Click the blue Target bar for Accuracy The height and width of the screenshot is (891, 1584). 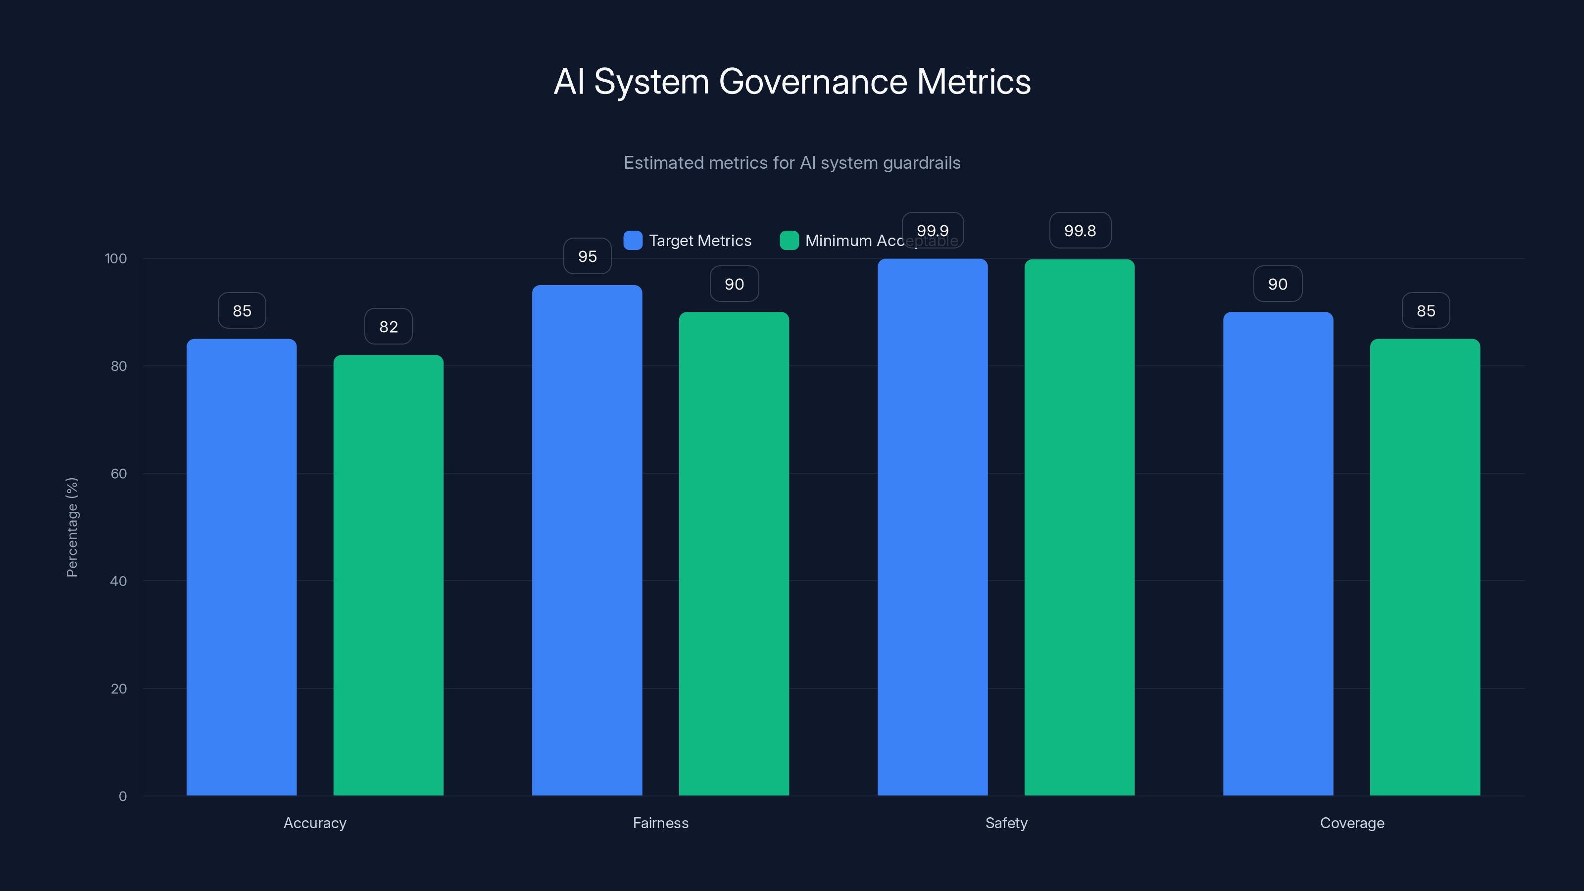pyautogui.click(x=242, y=566)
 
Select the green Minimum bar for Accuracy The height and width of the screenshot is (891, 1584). pyautogui.click(x=388, y=575)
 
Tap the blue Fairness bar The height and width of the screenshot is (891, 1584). pyautogui.click(x=587, y=540)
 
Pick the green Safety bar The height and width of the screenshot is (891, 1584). pyautogui.click(x=1079, y=527)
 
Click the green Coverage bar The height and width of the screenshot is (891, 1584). pyautogui.click(x=1425, y=566)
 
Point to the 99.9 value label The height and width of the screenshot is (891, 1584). pyautogui.click(x=932, y=231)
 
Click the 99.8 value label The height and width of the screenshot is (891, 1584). pyautogui.click(x=1080, y=231)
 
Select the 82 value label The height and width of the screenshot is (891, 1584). pyautogui.click(x=388, y=327)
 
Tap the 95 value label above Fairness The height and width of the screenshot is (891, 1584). pyautogui.click(x=587, y=256)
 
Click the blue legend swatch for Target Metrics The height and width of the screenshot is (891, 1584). pyautogui.click(x=633, y=241)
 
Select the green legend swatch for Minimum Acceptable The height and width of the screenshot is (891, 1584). pyautogui.click(x=789, y=241)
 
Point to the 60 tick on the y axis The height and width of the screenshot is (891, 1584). pyautogui.click(x=119, y=474)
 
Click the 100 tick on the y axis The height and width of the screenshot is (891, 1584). pyautogui.click(x=116, y=258)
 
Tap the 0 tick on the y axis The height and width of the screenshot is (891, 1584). pyautogui.click(x=122, y=796)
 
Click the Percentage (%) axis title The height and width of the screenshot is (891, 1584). pyautogui.click(x=72, y=527)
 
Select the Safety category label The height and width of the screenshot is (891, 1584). pyautogui.click(x=1006, y=823)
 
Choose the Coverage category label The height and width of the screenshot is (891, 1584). pyautogui.click(x=1351, y=823)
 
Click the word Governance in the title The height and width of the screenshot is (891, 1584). pyautogui.click(x=812, y=82)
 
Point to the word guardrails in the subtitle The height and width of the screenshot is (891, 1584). pyautogui.click(x=921, y=163)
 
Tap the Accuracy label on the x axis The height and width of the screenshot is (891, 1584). pyautogui.click(x=315, y=823)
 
